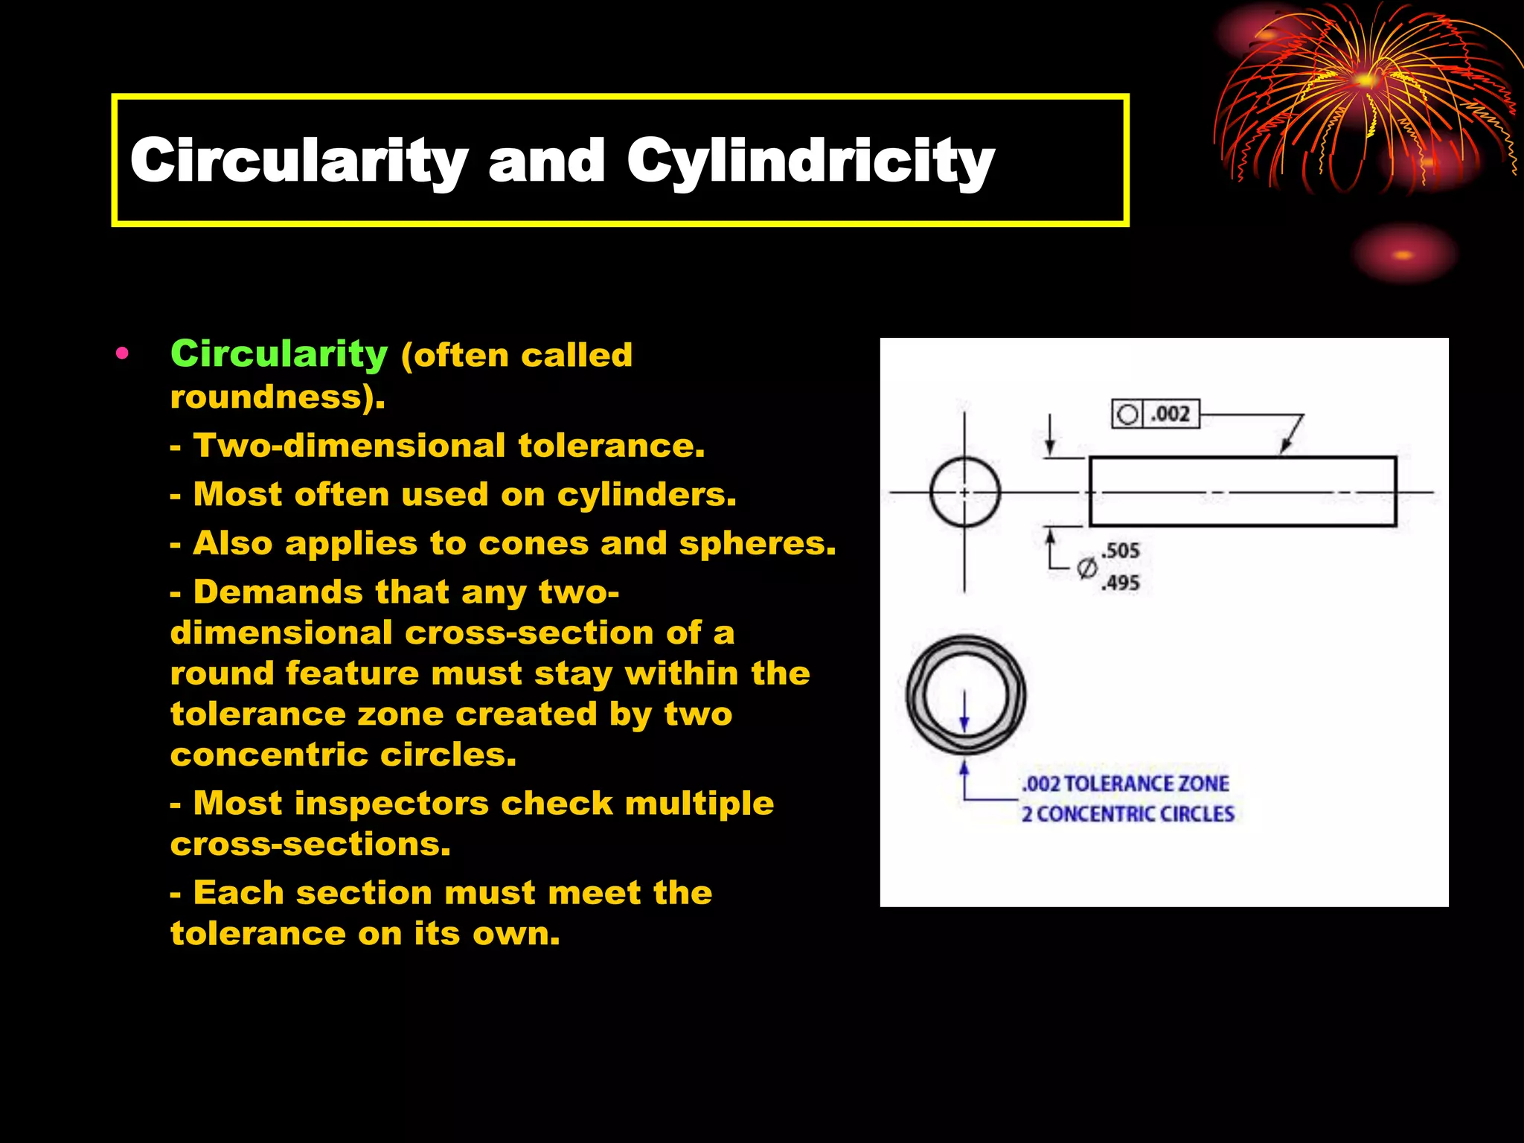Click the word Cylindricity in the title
[x=810, y=161]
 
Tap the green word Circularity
[x=279, y=354]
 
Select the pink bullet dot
[x=123, y=353]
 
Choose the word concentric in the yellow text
[x=269, y=755]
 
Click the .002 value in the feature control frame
[x=1171, y=414]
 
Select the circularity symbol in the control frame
[x=1128, y=414]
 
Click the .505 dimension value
[x=1121, y=551]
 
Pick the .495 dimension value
[x=1121, y=583]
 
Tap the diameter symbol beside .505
[x=1087, y=569]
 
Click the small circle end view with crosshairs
[x=965, y=492]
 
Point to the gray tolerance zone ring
[x=917, y=695]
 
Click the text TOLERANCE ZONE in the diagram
[x=1147, y=784]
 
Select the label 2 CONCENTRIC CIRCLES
[x=1127, y=815]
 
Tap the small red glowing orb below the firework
[x=1403, y=255]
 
